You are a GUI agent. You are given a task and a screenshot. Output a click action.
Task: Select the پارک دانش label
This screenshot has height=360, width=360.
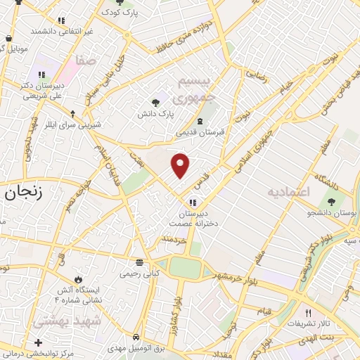tap(155, 112)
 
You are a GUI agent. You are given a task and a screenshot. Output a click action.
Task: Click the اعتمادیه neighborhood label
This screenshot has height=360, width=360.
tap(288, 191)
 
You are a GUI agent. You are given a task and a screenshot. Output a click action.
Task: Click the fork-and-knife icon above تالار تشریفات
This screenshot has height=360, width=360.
tap(308, 313)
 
